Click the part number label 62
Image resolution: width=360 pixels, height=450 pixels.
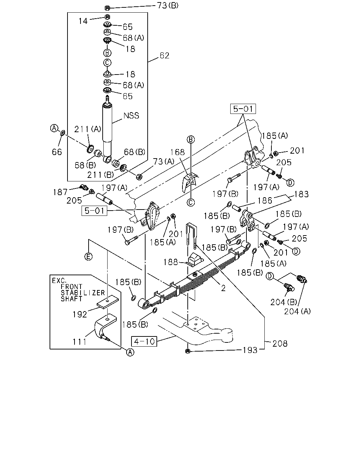coord(165,56)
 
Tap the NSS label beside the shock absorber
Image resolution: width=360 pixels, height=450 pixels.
coord(131,116)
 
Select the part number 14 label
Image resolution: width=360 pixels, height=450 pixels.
coord(83,21)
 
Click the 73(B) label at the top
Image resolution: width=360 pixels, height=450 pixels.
coord(168,6)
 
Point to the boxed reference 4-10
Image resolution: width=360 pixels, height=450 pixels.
coord(144,341)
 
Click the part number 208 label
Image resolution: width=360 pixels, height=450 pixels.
coord(280,343)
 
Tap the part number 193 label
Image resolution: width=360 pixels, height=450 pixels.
coord(250,350)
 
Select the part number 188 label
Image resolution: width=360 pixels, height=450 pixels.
coord(171,262)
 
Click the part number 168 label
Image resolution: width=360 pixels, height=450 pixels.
coord(178,152)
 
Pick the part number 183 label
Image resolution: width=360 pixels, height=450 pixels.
coord(301,194)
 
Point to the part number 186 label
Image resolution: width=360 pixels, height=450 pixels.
coord(265,201)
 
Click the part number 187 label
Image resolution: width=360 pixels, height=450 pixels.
coord(60,192)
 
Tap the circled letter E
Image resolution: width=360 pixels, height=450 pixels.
coord(88,256)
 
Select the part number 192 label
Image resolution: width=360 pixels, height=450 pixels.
coord(80,315)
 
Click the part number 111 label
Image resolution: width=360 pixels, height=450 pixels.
coord(79,342)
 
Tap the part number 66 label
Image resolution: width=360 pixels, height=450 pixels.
coord(57,152)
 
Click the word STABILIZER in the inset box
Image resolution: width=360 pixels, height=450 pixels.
coord(83,293)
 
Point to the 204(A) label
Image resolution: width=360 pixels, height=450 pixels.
coord(297,311)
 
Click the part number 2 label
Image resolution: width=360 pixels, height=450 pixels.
coord(223,288)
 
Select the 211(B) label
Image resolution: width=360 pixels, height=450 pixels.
coord(101,175)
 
